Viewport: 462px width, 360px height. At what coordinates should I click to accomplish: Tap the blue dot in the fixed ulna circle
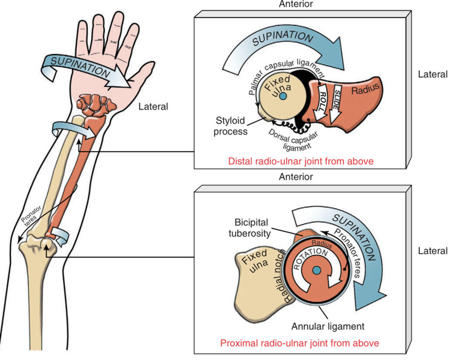tap(283, 98)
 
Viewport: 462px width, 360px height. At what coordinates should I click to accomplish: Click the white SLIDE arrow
tap(336, 102)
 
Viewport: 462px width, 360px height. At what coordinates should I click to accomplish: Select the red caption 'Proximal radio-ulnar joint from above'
tap(300, 343)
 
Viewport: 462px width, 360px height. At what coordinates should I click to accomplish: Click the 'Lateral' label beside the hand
tap(153, 106)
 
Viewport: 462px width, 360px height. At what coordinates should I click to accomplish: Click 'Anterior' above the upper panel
tap(296, 4)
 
